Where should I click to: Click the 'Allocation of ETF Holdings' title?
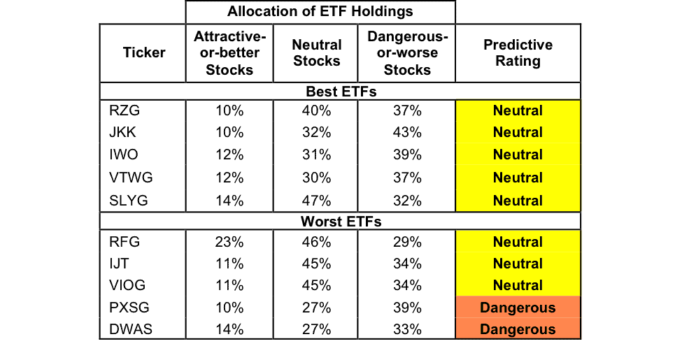click(x=320, y=11)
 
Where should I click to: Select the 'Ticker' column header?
click(x=144, y=52)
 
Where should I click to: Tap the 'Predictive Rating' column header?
click(x=518, y=52)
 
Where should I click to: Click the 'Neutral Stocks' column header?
click(x=317, y=52)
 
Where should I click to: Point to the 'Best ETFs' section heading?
click(x=341, y=92)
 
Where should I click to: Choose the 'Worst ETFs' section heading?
click(x=341, y=222)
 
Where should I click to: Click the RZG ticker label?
click(x=125, y=110)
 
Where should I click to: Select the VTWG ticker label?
click(x=131, y=178)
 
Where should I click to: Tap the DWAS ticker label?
click(x=131, y=329)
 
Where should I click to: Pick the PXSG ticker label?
click(x=129, y=308)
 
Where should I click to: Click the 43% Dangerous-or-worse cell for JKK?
click(x=407, y=132)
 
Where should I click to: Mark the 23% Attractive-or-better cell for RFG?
click(x=229, y=242)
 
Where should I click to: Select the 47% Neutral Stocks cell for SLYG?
click(x=317, y=201)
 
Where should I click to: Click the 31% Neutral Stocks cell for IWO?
click(x=317, y=154)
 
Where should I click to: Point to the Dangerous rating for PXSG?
click(x=518, y=308)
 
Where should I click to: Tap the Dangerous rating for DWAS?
click(x=518, y=329)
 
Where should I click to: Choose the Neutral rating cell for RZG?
click(x=518, y=110)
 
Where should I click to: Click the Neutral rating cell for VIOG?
click(x=518, y=285)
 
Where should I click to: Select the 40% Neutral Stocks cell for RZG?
click(x=317, y=110)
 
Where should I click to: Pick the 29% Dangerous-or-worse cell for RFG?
click(x=407, y=242)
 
